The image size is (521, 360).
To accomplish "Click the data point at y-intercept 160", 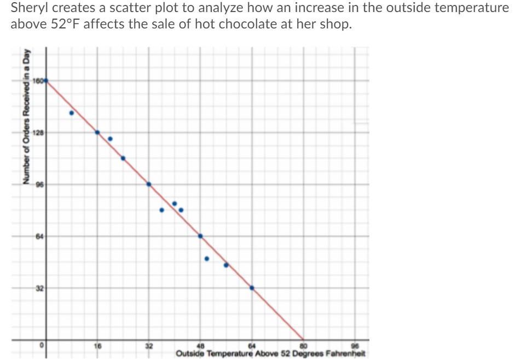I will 46,80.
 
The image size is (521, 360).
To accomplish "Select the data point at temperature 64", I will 252,288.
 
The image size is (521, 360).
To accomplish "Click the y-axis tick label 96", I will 39,184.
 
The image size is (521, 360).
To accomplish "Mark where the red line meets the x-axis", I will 303,339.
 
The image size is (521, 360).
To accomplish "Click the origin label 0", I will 40,346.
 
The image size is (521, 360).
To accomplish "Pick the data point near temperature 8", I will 72,113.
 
